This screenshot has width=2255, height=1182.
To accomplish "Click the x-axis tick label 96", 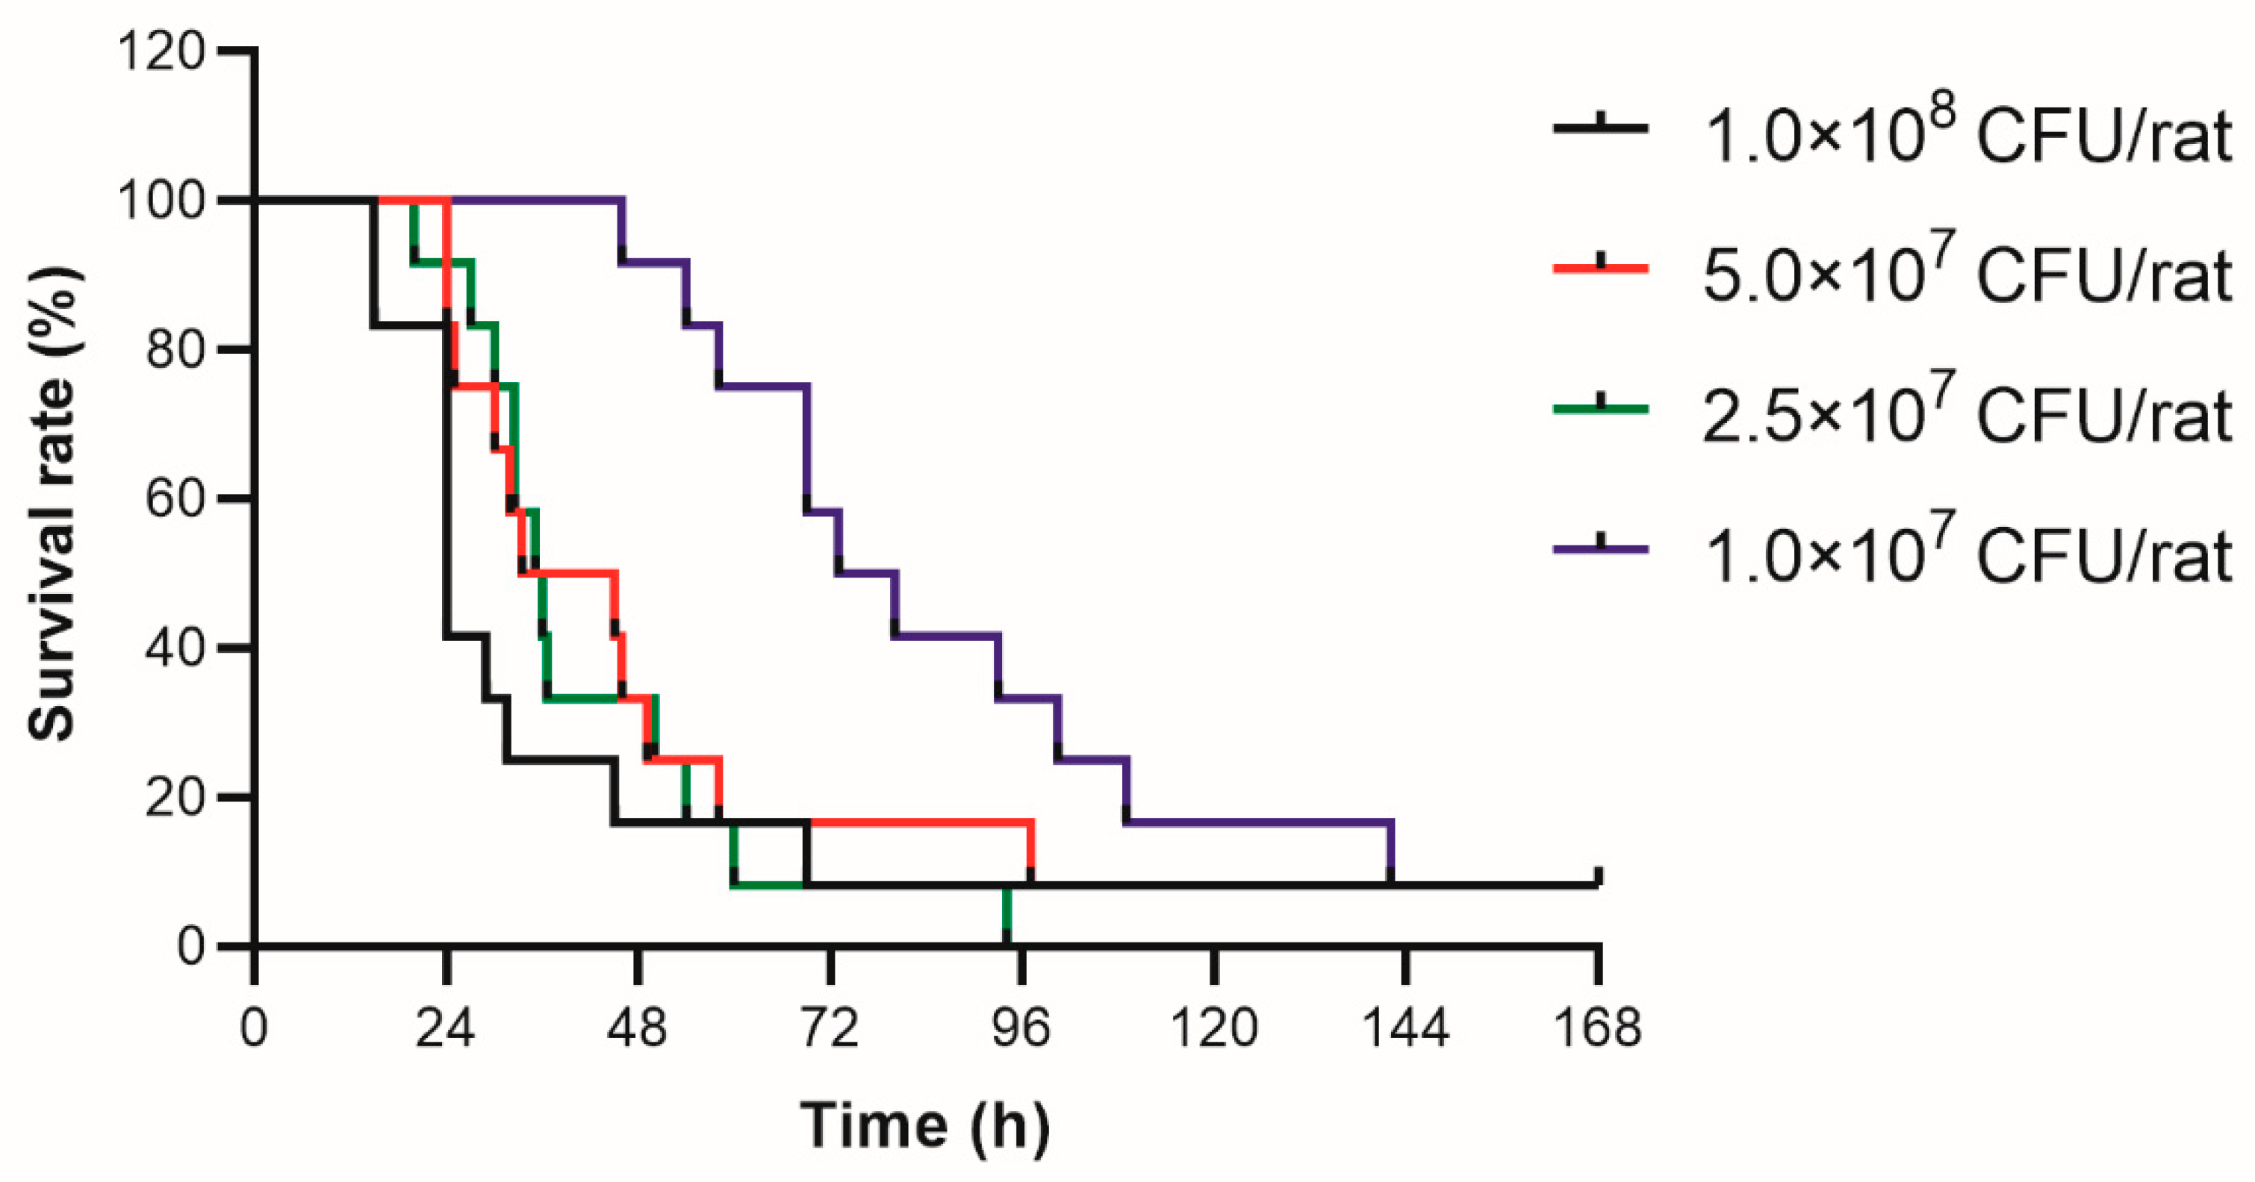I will tap(1021, 1028).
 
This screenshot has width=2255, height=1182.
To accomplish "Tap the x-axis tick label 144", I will tap(1406, 1028).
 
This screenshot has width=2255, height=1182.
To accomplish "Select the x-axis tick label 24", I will tap(445, 1028).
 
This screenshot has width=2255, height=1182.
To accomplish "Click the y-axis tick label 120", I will tap(161, 51).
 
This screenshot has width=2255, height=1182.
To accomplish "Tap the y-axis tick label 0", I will tap(191, 947).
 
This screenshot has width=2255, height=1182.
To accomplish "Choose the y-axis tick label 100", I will tap(161, 200).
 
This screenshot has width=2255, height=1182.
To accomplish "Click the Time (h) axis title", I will tap(924, 1126).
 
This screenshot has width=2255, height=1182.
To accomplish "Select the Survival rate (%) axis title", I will tap(52, 504).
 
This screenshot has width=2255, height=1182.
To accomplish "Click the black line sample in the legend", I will tap(1600, 128).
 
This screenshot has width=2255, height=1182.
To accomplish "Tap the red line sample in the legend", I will tap(1600, 269).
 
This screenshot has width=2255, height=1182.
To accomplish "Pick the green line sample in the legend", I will tap(1600, 409).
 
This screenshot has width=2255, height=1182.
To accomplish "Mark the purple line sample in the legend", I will tap(1600, 548).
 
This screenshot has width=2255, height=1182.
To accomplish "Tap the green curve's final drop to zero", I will tap(1007, 916).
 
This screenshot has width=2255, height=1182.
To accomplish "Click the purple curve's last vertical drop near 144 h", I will tap(1390, 853).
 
